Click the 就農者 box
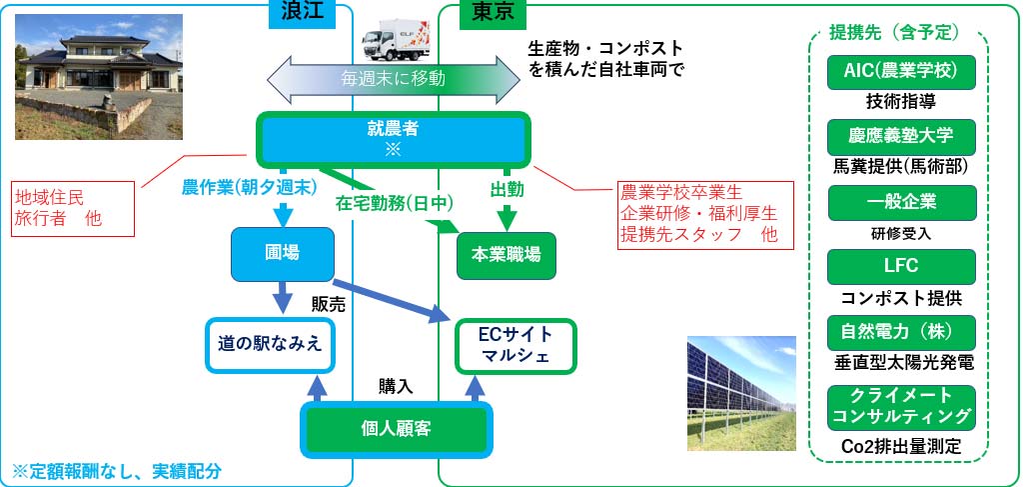pos(395,138)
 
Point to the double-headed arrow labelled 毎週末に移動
pos(395,77)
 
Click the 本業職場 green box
pos(507,254)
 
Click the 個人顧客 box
pos(397,428)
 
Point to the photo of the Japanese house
pos(98,77)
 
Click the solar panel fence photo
pos(740,393)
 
